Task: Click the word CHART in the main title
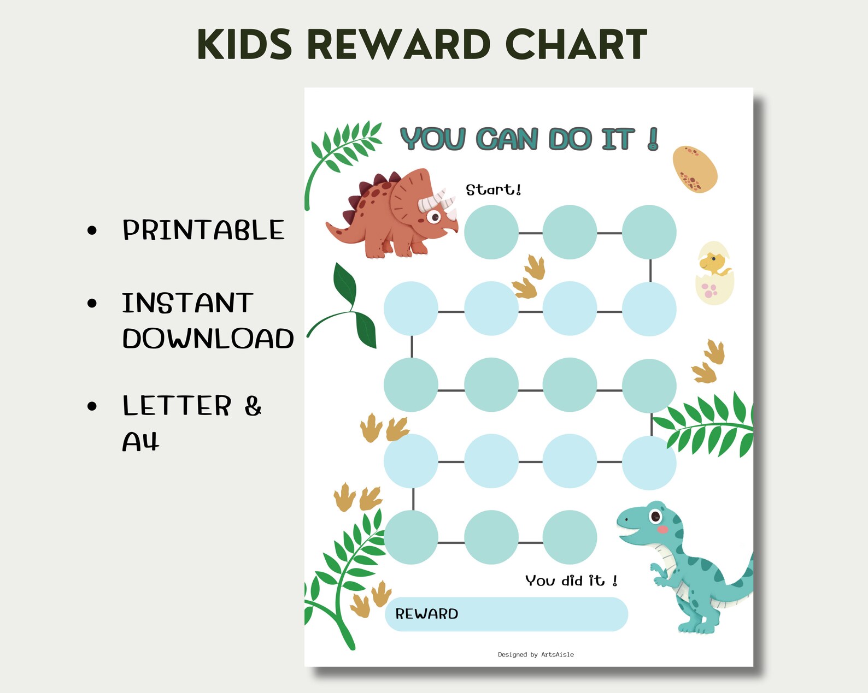pyautogui.click(x=576, y=45)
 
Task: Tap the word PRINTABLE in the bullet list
pyautogui.click(x=203, y=230)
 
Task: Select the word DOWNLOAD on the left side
pyautogui.click(x=208, y=339)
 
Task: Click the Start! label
pyautogui.click(x=493, y=189)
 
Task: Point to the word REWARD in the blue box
pyautogui.click(x=426, y=614)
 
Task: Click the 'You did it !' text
pyautogui.click(x=571, y=581)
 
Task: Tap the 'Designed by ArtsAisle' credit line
pyautogui.click(x=536, y=654)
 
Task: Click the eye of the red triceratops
pyautogui.click(x=435, y=217)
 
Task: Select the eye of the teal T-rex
pyautogui.click(x=654, y=516)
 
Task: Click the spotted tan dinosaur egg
pyautogui.click(x=694, y=169)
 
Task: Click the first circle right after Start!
pyautogui.click(x=491, y=232)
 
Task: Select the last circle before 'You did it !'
pyautogui.click(x=570, y=537)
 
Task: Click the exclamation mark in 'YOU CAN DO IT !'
pyautogui.click(x=653, y=139)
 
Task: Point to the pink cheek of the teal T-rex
pyautogui.click(x=662, y=529)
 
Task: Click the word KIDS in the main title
pyautogui.click(x=244, y=45)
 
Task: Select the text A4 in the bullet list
pyautogui.click(x=140, y=441)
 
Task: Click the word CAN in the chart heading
pyautogui.click(x=507, y=139)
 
